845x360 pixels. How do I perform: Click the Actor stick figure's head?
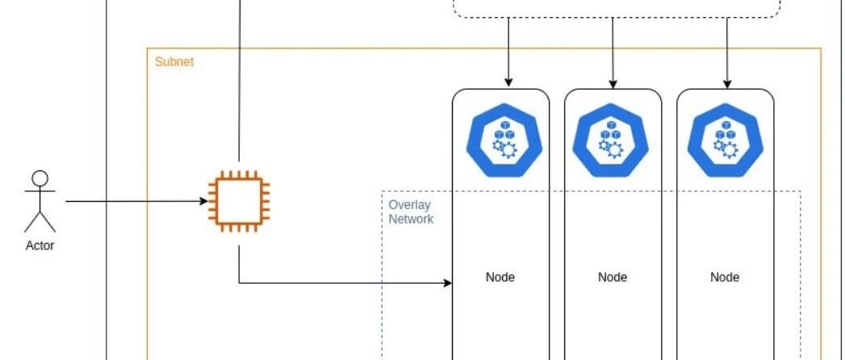point(40,178)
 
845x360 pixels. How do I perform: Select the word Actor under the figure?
point(40,245)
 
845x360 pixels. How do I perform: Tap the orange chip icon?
point(239,202)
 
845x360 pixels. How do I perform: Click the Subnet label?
point(174,61)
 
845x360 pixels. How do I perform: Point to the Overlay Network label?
point(411,211)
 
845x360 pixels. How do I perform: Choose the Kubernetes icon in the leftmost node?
point(504,140)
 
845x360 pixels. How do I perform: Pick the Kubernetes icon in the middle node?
point(611,140)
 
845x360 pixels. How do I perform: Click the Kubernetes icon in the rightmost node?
point(726,140)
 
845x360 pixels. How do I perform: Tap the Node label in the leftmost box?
point(500,277)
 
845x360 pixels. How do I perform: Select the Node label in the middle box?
point(613,277)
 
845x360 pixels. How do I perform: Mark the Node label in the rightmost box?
point(725,277)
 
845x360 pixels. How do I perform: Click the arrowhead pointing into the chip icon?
point(204,202)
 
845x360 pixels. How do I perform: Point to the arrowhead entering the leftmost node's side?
point(447,283)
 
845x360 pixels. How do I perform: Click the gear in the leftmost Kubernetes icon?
point(507,149)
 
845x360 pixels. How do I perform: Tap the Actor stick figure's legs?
point(40,221)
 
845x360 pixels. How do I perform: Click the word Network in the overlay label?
point(411,219)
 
